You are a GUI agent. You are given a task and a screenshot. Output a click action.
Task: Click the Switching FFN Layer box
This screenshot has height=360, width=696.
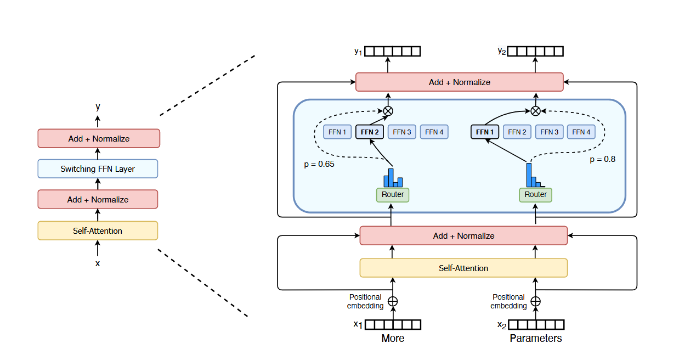click(98, 169)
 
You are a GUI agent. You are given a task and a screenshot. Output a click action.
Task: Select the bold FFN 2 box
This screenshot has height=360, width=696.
click(370, 132)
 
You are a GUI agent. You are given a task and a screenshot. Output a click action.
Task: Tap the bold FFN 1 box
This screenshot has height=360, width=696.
click(485, 132)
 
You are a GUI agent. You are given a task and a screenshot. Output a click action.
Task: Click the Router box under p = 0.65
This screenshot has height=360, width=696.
click(393, 194)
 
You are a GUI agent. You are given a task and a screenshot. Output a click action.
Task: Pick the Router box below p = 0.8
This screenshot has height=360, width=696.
click(535, 194)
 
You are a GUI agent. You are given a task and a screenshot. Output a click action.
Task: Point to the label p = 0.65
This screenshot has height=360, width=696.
click(319, 164)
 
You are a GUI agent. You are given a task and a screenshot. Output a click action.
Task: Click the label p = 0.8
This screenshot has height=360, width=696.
click(602, 160)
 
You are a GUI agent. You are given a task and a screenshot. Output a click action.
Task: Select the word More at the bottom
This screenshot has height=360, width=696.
click(393, 339)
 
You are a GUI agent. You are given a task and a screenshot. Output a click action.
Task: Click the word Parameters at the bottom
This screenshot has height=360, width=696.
click(536, 339)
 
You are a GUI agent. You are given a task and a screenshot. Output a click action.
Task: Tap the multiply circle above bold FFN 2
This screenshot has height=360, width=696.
click(388, 111)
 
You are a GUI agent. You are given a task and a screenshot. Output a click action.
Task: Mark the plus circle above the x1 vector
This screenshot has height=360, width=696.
click(393, 301)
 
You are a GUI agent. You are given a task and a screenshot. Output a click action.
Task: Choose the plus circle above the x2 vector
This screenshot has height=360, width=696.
click(536, 301)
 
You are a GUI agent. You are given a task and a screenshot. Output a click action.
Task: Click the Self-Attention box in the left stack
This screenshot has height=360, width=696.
click(98, 230)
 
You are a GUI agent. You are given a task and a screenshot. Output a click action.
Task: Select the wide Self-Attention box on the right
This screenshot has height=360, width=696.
click(463, 268)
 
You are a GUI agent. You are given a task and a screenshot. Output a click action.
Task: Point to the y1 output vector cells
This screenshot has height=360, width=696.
click(393, 51)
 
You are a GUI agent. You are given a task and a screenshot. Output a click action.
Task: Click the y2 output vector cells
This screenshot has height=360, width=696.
click(536, 51)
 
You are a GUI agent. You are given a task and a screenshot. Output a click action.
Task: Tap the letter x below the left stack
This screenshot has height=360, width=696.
click(98, 263)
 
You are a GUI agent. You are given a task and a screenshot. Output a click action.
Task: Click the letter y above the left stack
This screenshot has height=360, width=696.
click(98, 106)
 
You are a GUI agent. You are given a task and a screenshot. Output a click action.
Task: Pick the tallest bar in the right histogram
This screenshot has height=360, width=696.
click(529, 175)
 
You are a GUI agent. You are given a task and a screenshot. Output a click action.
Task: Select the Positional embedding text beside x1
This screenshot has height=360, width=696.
click(365, 301)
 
